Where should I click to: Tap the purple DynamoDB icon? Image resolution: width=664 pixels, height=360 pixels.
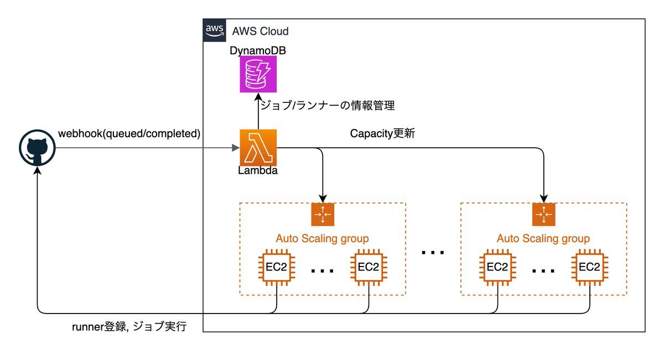(x=255, y=74)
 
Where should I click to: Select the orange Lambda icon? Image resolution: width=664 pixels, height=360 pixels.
(x=258, y=148)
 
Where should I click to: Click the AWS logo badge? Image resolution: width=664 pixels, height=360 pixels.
(x=214, y=30)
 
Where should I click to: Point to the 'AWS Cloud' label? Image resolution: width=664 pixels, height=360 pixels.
(x=260, y=31)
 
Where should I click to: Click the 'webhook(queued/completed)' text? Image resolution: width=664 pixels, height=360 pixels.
(x=129, y=133)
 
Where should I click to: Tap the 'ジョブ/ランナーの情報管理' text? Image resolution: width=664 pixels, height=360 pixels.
(x=327, y=105)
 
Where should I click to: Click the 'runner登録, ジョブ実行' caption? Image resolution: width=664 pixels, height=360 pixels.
(x=129, y=327)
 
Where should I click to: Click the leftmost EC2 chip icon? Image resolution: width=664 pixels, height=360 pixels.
(x=276, y=267)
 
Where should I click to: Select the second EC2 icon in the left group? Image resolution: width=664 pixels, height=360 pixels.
(x=368, y=267)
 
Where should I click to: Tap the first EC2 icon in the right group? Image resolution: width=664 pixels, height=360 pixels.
(x=497, y=267)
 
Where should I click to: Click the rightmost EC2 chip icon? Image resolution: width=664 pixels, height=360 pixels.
(x=589, y=267)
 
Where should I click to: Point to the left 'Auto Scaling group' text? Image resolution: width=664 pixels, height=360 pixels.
(x=323, y=238)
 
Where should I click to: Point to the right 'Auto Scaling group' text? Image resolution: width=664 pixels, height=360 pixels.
(x=543, y=238)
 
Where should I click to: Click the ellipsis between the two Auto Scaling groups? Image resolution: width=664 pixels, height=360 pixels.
(x=433, y=253)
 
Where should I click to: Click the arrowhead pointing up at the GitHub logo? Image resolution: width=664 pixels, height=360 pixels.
(x=37, y=172)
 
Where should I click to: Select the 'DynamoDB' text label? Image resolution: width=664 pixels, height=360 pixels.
(x=255, y=51)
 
